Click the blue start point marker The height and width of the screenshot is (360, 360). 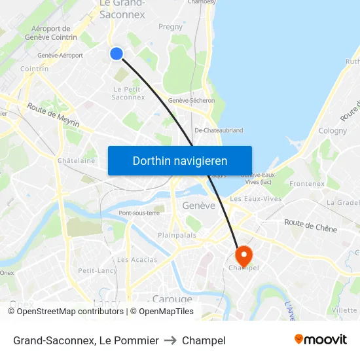point(117,54)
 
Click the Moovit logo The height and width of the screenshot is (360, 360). point(320,340)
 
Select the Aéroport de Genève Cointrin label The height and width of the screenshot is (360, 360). point(50,33)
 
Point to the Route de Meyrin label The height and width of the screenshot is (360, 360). point(53,115)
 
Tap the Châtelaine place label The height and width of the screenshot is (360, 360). point(76,160)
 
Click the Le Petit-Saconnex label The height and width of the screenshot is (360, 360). point(128,93)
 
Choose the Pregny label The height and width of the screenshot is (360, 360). point(171,27)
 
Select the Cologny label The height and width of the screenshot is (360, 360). point(333,130)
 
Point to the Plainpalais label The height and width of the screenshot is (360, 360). point(177,235)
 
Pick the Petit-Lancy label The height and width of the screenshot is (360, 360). point(97,270)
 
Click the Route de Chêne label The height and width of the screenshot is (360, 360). point(311,226)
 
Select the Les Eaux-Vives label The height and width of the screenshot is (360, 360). point(255,198)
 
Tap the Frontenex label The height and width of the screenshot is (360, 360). point(306,184)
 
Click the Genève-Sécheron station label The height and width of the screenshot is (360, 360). point(191,100)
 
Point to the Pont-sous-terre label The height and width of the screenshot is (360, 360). point(139,213)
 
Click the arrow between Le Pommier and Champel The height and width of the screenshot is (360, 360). point(170,340)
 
